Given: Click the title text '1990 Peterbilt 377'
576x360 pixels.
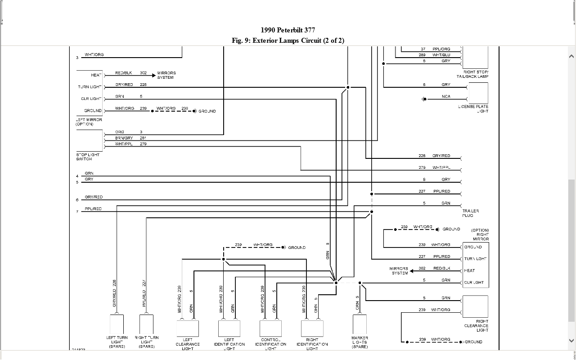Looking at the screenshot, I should pyautogui.click(x=288, y=30).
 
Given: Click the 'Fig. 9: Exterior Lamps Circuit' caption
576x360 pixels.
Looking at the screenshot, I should pyautogui.click(x=288, y=40).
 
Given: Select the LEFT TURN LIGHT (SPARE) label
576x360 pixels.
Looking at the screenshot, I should pyautogui.click(x=117, y=342).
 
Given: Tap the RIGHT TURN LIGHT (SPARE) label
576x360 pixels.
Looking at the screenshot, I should pyautogui.click(x=147, y=342).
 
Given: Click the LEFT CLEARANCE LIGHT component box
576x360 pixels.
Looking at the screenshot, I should pyautogui.click(x=188, y=328).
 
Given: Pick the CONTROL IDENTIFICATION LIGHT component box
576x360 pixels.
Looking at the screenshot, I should pyautogui.click(x=270, y=328).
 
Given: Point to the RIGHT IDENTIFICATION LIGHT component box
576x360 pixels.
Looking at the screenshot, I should pyautogui.click(x=312, y=328).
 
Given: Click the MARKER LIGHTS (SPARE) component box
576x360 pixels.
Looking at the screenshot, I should pyautogui.click(x=360, y=324).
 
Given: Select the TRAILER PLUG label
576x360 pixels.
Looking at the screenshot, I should pyautogui.click(x=471, y=213).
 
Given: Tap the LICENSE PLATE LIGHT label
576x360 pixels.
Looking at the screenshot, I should pyautogui.click(x=473, y=109).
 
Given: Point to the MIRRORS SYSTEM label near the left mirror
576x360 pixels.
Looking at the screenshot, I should pyautogui.click(x=166, y=75).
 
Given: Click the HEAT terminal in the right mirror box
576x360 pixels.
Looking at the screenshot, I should pyautogui.click(x=469, y=270).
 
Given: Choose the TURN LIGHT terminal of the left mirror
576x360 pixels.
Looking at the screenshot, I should pyautogui.click(x=90, y=87).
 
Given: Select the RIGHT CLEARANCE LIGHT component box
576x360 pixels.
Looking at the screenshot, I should pyautogui.click(x=475, y=306).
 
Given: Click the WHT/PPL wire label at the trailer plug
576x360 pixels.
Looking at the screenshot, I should pyautogui.click(x=441, y=168).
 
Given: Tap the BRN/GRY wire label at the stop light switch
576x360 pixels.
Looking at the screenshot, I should pyautogui.click(x=124, y=138).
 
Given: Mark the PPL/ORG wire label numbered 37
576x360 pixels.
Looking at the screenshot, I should pyautogui.click(x=441, y=49).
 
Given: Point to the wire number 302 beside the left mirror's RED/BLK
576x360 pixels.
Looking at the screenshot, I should pyautogui.click(x=143, y=73).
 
